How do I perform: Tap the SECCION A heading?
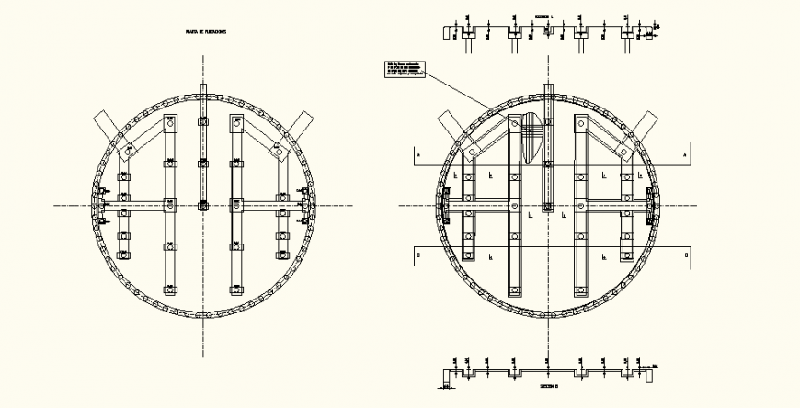[548, 16]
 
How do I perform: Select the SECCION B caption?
[549, 389]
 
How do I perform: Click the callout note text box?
[400, 70]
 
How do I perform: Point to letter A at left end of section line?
[419, 155]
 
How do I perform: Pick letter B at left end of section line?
[419, 255]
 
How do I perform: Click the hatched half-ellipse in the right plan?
[531, 138]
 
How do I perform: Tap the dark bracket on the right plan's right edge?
[652, 205]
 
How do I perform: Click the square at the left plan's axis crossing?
[204, 204]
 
